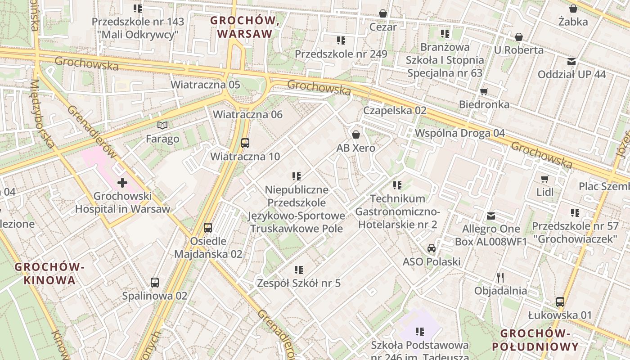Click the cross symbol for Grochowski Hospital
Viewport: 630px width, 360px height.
[x=122, y=183]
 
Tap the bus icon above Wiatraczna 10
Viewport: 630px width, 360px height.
[x=245, y=143]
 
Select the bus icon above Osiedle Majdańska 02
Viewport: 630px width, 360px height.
[x=207, y=228]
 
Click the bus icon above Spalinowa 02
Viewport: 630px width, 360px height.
[x=155, y=283]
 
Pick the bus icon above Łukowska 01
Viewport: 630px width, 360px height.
[x=560, y=302]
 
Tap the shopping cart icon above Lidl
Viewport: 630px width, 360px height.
[x=545, y=179]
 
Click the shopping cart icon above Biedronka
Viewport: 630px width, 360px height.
[x=484, y=91]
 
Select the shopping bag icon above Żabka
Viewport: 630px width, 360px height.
[x=573, y=9]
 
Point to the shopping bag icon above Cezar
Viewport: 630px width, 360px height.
[x=383, y=13]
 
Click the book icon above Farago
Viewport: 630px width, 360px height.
[x=162, y=125]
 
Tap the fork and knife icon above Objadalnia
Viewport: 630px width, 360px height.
[x=500, y=277]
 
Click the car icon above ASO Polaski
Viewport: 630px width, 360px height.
[x=432, y=248]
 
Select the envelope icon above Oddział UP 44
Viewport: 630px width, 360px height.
[x=571, y=61]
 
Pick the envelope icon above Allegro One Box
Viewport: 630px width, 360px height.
[x=491, y=216]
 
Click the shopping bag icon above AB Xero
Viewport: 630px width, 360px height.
[x=356, y=135]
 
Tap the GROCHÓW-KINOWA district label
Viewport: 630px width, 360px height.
[x=49, y=274]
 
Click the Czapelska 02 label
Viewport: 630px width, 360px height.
[x=395, y=110]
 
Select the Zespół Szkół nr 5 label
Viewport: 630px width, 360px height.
[x=298, y=283]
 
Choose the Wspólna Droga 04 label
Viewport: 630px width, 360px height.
[x=459, y=133]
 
